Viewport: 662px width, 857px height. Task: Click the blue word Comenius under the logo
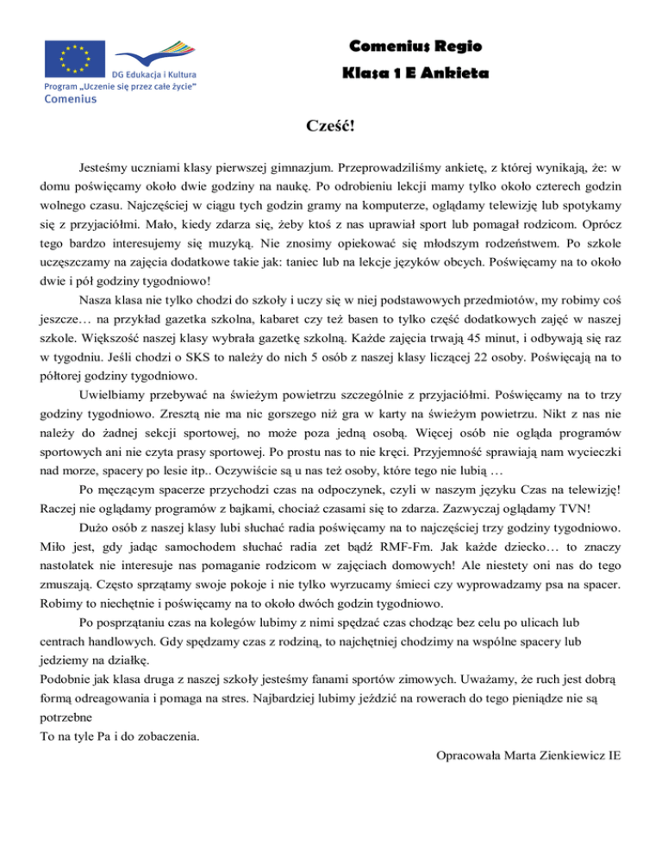(x=71, y=99)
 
